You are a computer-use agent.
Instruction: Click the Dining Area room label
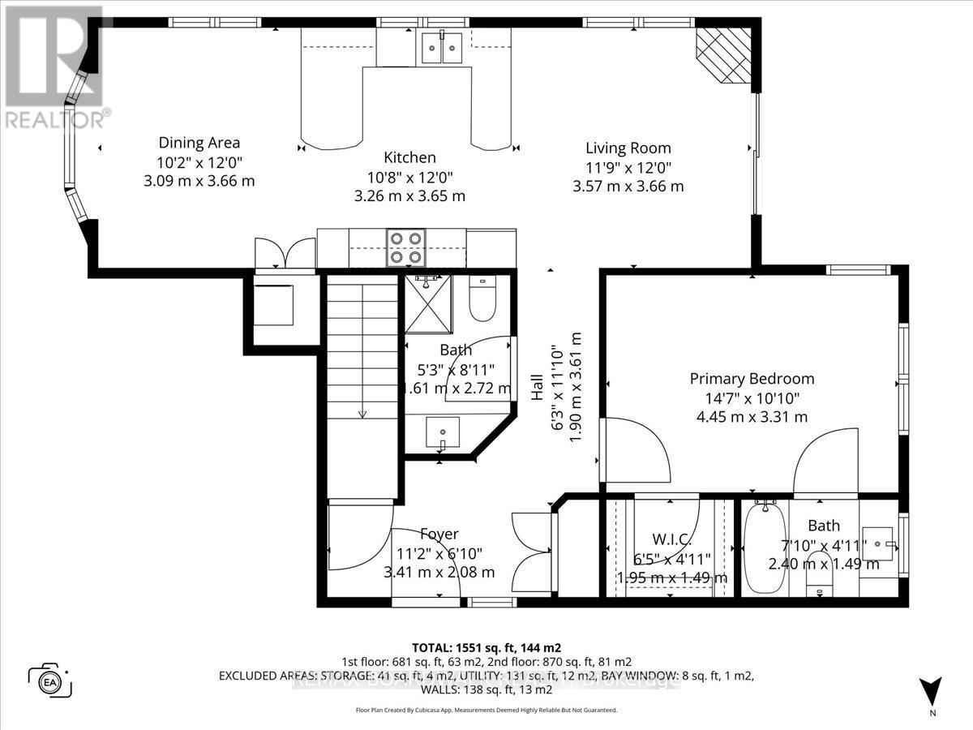199,143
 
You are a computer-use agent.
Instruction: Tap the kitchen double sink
442,48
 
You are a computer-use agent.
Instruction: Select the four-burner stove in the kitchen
405,247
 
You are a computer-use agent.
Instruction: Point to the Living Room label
628,148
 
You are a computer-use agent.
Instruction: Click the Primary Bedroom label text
752,379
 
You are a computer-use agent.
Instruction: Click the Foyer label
439,534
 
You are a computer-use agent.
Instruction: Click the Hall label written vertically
537,391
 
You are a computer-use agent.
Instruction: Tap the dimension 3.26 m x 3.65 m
409,195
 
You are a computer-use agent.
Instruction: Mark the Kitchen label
409,157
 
